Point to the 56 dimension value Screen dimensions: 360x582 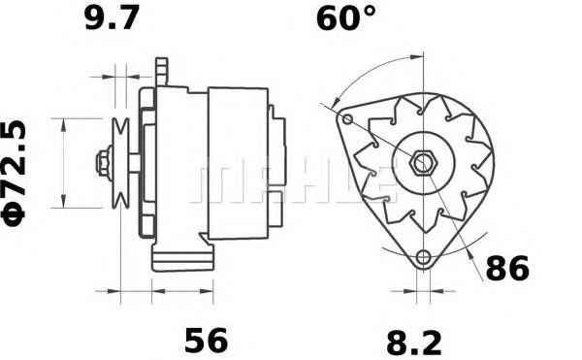205,341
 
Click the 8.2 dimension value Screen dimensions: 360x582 413,341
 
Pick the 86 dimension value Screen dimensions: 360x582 507,269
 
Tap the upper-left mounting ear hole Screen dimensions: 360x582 345,118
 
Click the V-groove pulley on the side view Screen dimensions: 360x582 121,162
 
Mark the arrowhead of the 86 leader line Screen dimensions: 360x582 466,250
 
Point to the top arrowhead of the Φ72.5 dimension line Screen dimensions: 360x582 63,122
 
